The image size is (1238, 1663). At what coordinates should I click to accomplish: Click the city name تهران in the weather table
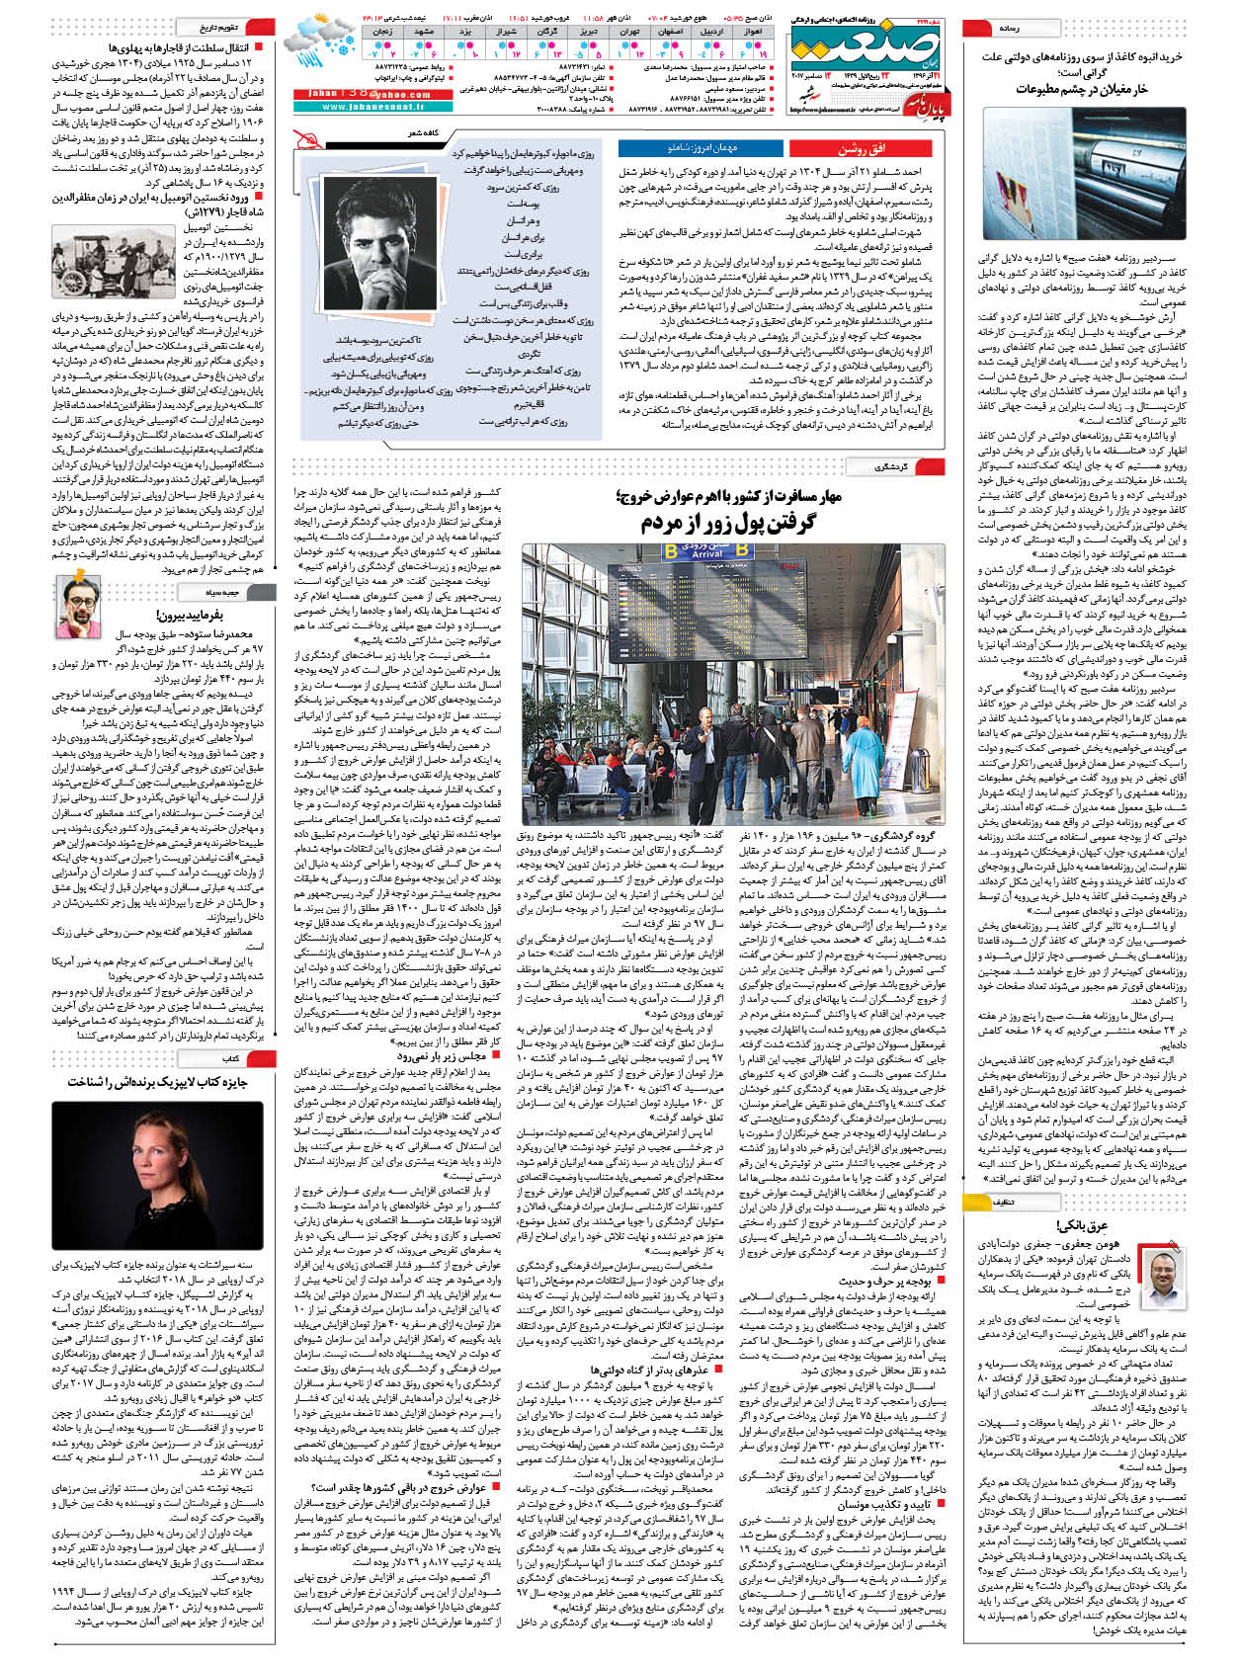(x=628, y=32)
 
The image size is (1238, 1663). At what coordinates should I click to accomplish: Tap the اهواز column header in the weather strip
(x=754, y=32)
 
